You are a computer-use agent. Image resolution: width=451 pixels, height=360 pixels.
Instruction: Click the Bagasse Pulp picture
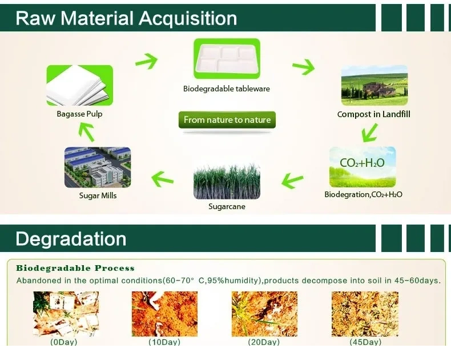[x=80, y=85]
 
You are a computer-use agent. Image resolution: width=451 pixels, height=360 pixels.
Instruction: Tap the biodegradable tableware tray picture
[x=227, y=59]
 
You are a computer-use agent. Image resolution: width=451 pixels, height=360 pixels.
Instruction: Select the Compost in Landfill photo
[x=374, y=85]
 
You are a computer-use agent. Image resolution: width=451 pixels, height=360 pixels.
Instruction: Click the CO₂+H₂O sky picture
[x=363, y=167]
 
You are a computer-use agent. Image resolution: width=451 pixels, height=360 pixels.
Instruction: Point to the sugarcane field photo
[x=227, y=181]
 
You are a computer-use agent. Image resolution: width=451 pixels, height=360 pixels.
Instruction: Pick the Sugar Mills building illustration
[x=98, y=167]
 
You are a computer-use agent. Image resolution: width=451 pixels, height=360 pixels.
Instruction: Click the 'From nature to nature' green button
[x=227, y=119]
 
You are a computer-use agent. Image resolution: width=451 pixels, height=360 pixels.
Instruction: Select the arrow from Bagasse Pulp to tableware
[x=146, y=61]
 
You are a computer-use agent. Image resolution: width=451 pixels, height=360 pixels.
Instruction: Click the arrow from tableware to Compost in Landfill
[x=304, y=67]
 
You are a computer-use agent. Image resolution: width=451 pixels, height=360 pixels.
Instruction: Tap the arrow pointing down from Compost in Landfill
[x=369, y=133]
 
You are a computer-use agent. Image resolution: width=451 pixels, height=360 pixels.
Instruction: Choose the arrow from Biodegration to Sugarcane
[x=292, y=181]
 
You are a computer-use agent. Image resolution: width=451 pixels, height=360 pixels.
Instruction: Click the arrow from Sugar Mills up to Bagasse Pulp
[x=87, y=132]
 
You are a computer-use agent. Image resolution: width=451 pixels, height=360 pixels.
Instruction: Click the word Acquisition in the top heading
[x=188, y=18]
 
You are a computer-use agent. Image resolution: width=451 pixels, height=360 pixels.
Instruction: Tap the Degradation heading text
[x=71, y=239]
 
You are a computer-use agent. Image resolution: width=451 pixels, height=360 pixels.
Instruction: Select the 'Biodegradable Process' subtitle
[x=75, y=268]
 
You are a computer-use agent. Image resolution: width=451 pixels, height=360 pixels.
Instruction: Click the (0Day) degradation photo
[x=66, y=314]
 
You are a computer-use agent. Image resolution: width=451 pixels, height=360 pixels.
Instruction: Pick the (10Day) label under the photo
[x=164, y=342]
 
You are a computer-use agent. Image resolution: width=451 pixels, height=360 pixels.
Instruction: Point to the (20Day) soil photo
[x=265, y=314]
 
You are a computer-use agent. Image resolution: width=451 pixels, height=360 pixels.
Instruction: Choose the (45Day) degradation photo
[x=365, y=314]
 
